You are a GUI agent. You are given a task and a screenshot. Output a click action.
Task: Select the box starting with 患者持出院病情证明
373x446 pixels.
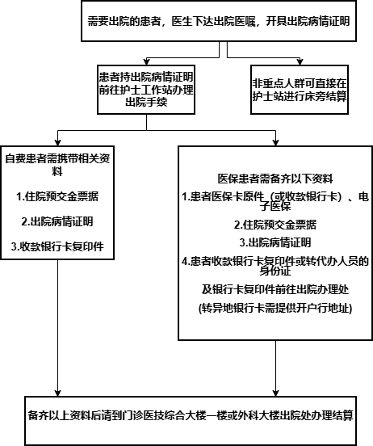(145, 90)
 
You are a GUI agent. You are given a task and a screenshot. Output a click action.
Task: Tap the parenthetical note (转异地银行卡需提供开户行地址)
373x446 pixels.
(274, 309)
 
